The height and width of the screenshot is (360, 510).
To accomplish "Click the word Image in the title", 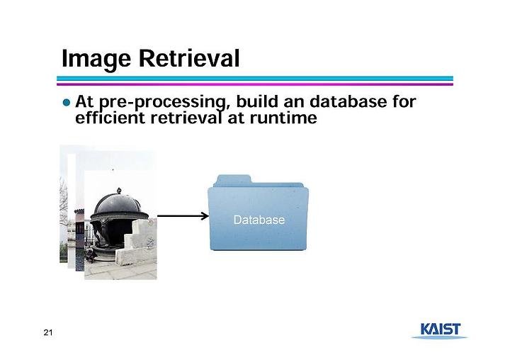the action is (96, 59).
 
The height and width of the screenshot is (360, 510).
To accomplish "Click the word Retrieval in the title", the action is (189, 58).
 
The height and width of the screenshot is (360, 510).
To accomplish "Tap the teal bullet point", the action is (67, 103).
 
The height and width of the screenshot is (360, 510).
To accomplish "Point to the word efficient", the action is (110, 117).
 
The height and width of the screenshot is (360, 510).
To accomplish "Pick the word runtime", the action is (283, 118).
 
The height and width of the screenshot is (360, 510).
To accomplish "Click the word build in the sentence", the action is (257, 101).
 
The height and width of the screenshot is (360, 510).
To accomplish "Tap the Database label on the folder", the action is (259, 220).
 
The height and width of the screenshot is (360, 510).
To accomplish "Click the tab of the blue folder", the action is (234, 180).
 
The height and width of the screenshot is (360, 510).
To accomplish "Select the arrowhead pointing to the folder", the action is (205, 216).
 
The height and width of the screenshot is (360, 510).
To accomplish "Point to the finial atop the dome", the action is (119, 191).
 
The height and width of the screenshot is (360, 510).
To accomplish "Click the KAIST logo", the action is (440, 330).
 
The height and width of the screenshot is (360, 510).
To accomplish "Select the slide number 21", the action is (48, 332).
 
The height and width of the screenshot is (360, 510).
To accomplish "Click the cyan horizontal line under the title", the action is (255, 79).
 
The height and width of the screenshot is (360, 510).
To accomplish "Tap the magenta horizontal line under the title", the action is (255, 84).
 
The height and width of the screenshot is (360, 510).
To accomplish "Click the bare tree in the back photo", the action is (64, 208).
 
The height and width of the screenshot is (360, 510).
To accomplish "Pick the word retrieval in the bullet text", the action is (186, 117).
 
